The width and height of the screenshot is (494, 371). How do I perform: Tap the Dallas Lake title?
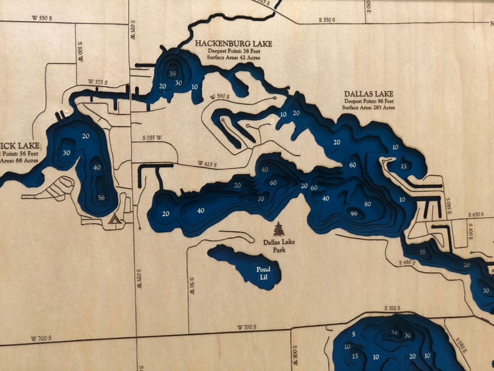point(369,94)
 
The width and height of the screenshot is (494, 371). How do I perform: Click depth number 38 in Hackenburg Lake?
point(172,73)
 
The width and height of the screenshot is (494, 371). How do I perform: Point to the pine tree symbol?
point(278,228)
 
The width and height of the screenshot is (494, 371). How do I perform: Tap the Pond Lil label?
point(264,273)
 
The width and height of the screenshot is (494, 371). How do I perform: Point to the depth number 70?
point(260,199)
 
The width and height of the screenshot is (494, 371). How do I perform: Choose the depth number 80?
point(368,204)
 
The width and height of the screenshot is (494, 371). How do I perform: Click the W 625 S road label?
point(208,164)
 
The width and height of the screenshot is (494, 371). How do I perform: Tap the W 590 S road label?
point(220,96)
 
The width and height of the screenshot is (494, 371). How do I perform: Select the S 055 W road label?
point(152,137)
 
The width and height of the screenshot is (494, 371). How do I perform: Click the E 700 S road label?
point(393,309)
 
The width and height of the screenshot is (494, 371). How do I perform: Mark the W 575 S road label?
point(98,82)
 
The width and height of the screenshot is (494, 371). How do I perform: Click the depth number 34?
point(394,332)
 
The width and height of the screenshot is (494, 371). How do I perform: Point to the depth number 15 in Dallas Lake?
point(404,166)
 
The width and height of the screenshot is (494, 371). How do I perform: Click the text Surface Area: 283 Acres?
point(368,108)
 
